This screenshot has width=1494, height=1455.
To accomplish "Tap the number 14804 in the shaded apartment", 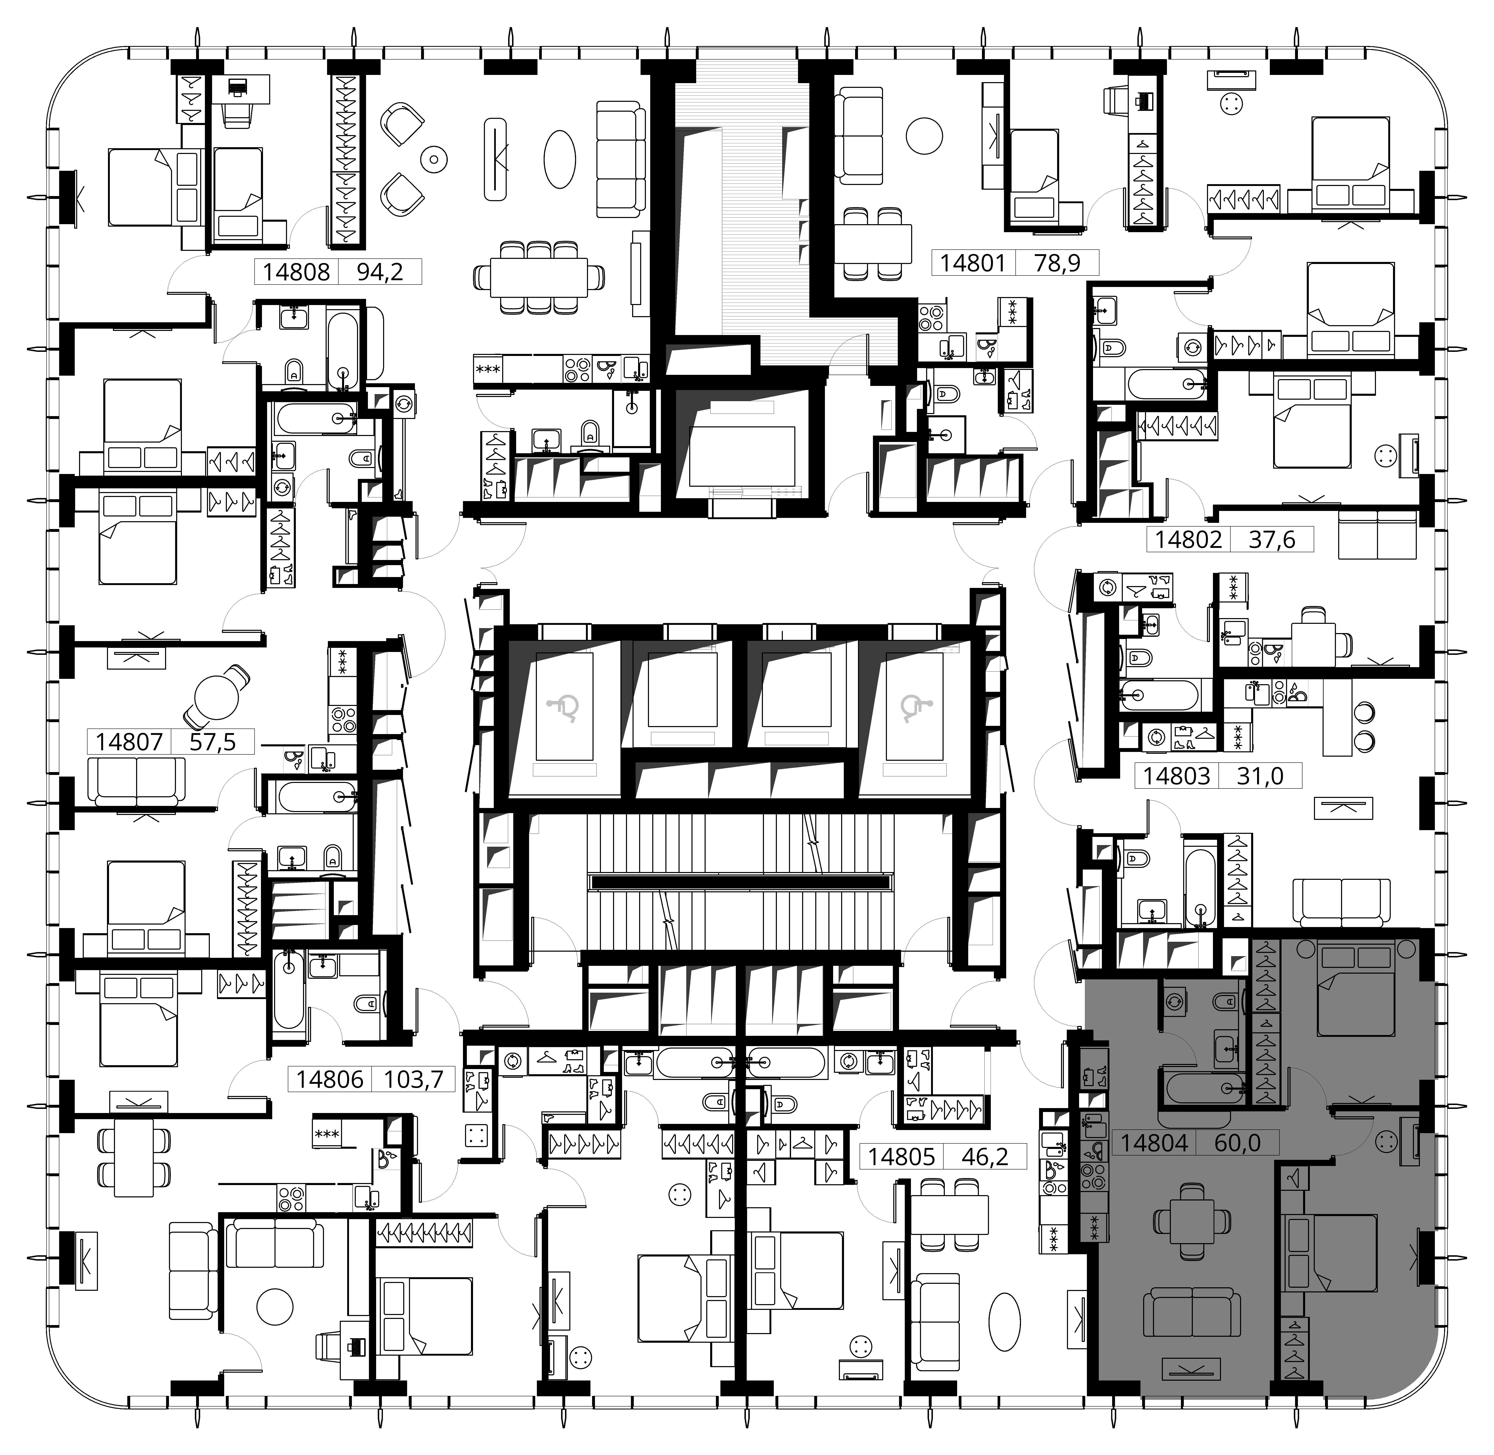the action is click(1154, 1142).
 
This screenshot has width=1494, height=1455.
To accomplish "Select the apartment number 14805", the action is click(902, 1156).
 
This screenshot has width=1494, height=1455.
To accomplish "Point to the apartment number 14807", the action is click(129, 741).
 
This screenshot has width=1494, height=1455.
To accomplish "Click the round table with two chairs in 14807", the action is click(216, 698).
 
